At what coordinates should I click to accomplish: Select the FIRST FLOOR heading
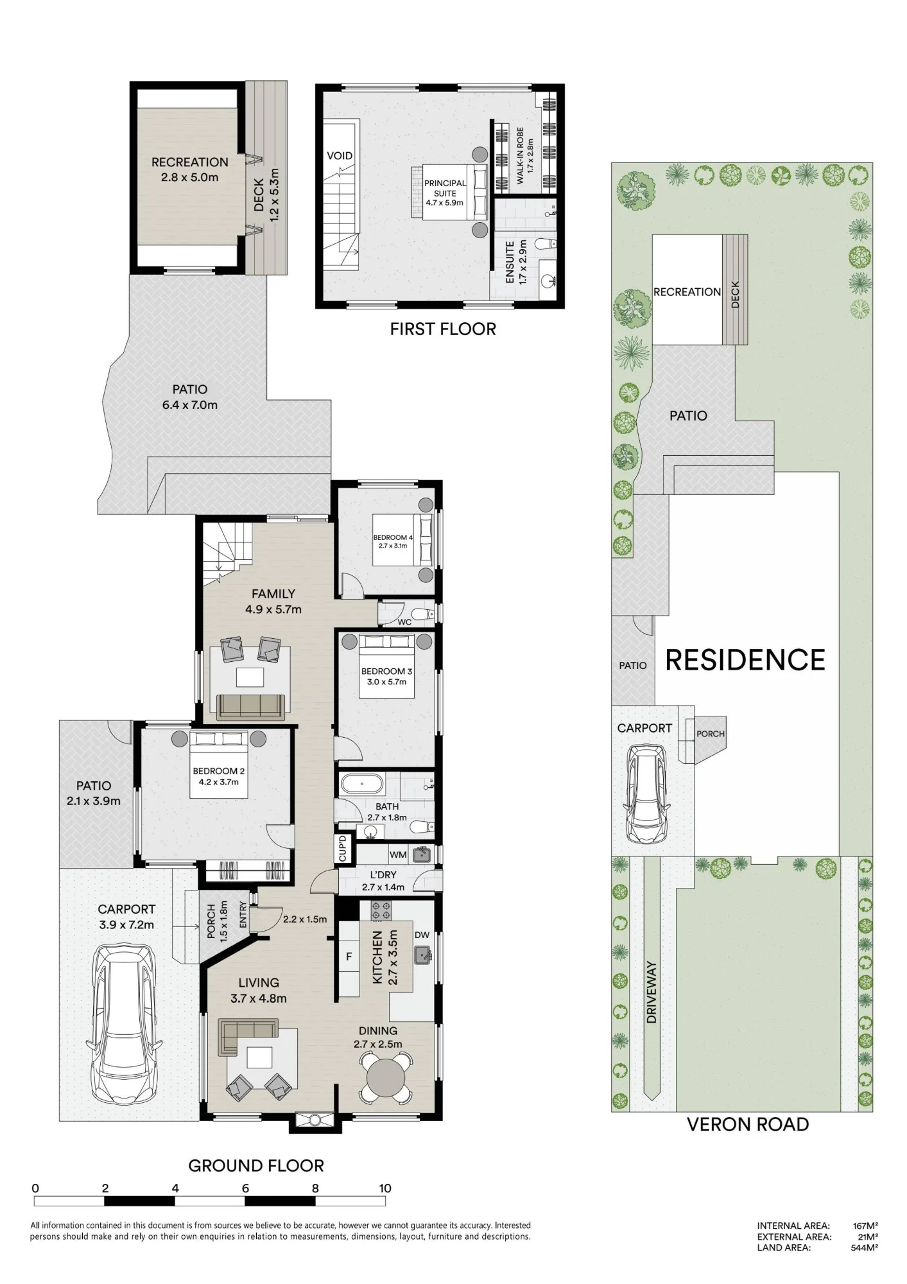pos(443,329)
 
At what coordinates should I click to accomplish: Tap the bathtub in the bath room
pos(362,784)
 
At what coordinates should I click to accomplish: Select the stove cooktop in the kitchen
pos(381,910)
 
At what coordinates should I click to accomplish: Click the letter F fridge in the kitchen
pos(349,957)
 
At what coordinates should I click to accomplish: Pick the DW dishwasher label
pos(422,935)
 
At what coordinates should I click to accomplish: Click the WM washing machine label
pos(398,855)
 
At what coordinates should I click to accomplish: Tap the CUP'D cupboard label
pos(342,849)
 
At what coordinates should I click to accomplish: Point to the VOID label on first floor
pos(340,155)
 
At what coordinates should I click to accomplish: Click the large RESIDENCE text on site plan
pos(745,660)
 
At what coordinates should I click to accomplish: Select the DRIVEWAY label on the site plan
pos(652,992)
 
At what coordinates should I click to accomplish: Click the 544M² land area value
pos(864,1247)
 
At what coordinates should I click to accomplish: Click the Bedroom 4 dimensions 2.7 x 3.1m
pos(393,546)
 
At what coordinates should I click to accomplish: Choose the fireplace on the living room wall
pos(315,1120)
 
